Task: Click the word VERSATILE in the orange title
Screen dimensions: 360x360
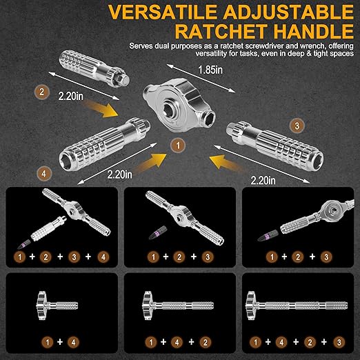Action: tap(163, 12)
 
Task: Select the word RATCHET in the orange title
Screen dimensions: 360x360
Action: tap(221, 31)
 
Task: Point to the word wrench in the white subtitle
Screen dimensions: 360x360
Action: tap(310, 46)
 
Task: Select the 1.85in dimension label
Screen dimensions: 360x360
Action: tap(210, 70)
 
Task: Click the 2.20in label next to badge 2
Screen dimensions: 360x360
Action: tap(70, 96)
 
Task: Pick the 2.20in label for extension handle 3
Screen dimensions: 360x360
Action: tap(263, 180)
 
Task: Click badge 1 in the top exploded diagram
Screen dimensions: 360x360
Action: tap(178, 146)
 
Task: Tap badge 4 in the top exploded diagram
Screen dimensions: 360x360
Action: tap(43, 174)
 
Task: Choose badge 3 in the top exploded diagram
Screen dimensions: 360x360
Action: tap(297, 126)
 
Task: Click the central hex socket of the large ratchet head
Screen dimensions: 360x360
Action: tap(171, 109)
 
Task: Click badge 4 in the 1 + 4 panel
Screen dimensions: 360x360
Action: tap(74, 342)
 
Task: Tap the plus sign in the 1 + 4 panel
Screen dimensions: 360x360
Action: tap(60, 342)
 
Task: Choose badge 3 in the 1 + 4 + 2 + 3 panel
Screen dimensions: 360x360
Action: tap(339, 343)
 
